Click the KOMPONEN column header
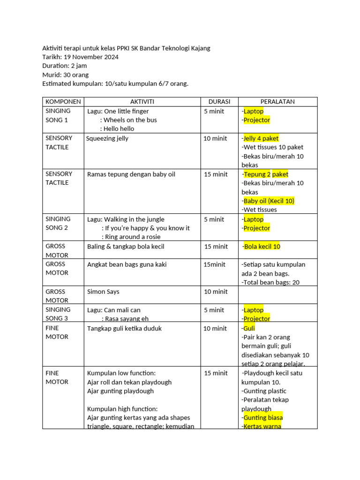click(x=63, y=102)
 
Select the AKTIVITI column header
click(x=142, y=102)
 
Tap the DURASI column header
click(x=219, y=102)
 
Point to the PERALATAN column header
click(x=277, y=102)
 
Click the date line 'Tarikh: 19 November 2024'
click(x=80, y=57)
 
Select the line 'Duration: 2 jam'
click(x=64, y=66)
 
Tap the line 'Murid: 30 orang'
click(x=65, y=75)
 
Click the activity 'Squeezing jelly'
click(x=107, y=138)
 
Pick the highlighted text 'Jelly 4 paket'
click(x=261, y=138)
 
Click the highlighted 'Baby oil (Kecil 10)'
click(x=269, y=201)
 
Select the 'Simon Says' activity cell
click(x=103, y=292)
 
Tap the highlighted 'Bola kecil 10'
click(x=262, y=247)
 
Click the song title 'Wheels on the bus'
click(x=130, y=120)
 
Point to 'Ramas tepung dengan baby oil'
click(x=131, y=174)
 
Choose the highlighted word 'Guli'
click(x=249, y=329)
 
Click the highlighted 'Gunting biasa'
click(x=263, y=418)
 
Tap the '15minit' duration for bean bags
click(x=214, y=264)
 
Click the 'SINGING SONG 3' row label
click(x=58, y=314)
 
